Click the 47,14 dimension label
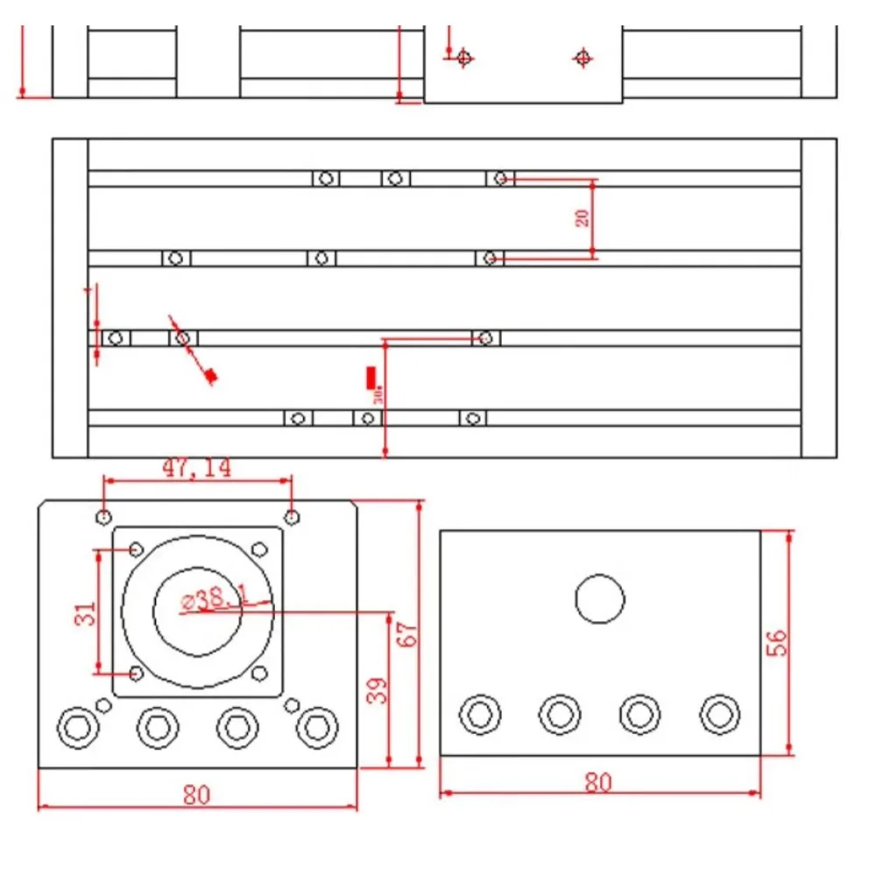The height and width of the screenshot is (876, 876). coord(196,468)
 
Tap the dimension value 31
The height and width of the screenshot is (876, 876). coord(84,613)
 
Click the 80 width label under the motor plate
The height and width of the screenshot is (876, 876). coord(197,795)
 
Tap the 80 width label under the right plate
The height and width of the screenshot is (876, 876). coord(598,782)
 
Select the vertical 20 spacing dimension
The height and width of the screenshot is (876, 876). coord(583,217)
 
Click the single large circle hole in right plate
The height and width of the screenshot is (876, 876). coord(600,599)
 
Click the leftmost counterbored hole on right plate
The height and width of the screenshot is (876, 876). coord(480,714)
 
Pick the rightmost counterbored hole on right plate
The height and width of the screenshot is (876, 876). coord(719,714)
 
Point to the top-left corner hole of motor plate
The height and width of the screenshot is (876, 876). coord(104,516)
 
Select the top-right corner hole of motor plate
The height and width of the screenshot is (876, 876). coord(293,516)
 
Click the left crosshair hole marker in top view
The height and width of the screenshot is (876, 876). coord(464,59)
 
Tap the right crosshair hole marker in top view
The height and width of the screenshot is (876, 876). coord(583,59)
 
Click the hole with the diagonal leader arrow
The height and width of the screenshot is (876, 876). coord(182,337)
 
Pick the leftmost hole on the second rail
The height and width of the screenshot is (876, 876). coord(175,258)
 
